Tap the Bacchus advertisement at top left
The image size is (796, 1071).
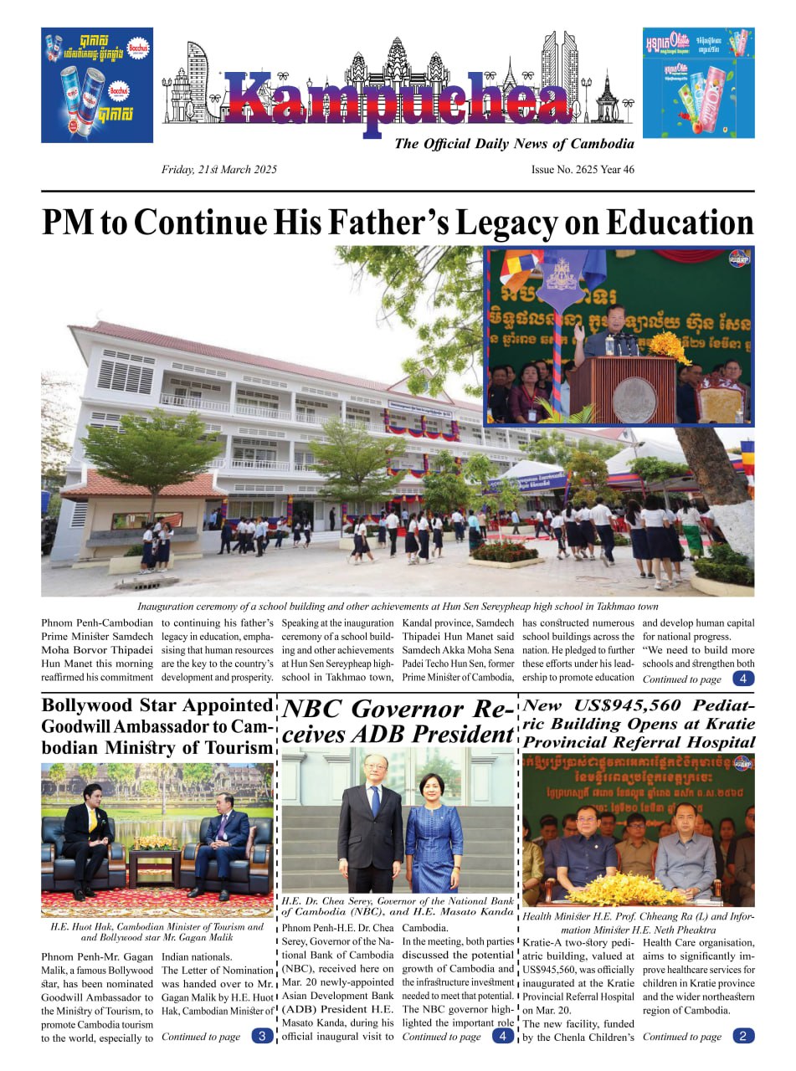(x=97, y=85)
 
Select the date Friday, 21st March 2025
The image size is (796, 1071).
(x=219, y=170)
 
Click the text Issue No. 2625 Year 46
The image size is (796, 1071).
(x=583, y=170)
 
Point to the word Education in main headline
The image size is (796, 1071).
(x=679, y=223)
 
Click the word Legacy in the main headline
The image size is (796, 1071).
(x=469, y=223)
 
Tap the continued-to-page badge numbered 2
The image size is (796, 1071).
(x=742, y=1037)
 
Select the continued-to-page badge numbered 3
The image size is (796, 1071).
(x=262, y=1037)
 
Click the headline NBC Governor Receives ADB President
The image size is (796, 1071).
(x=398, y=722)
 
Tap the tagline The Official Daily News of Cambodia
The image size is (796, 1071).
(x=514, y=144)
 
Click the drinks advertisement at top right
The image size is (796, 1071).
(x=698, y=83)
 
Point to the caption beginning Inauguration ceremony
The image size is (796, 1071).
(x=398, y=607)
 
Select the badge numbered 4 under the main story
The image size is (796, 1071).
(x=742, y=679)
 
